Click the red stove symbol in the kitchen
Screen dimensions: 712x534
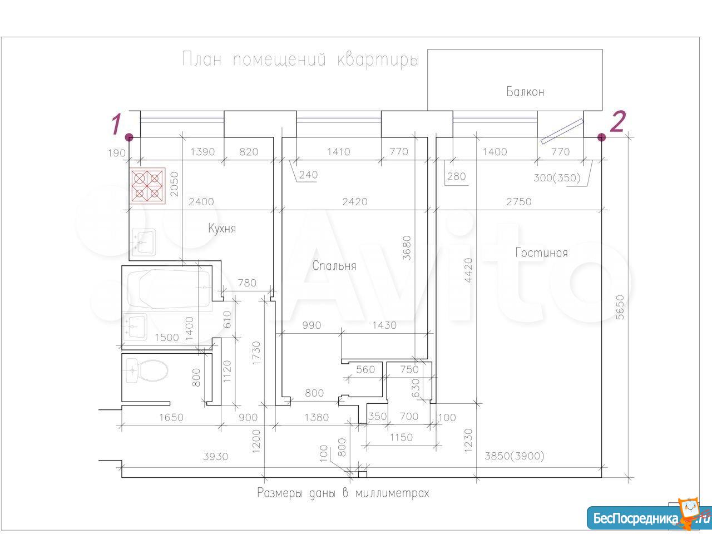coord(147,186)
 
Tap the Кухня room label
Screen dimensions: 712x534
coord(222,228)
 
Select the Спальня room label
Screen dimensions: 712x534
coord(334,266)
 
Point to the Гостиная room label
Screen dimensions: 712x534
coord(541,253)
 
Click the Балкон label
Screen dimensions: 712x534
coord(525,92)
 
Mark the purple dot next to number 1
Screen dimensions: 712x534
coord(130,137)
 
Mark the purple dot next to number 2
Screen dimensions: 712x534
coord(601,137)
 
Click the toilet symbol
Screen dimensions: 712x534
coord(147,370)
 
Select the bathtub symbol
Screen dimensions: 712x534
coord(169,289)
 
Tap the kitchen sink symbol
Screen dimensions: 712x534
coord(144,242)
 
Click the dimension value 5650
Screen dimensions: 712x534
coord(620,307)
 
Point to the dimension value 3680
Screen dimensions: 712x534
coord(407,248)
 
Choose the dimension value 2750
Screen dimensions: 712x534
coord(519,202)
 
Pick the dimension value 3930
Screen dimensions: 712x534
coord(215,457)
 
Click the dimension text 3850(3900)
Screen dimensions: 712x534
coord(515,456)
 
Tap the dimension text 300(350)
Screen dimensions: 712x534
coord(557,177)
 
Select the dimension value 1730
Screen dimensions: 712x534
coord(256,353)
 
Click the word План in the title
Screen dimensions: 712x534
coord(202,60)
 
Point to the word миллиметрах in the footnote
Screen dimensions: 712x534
coord(393,493)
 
